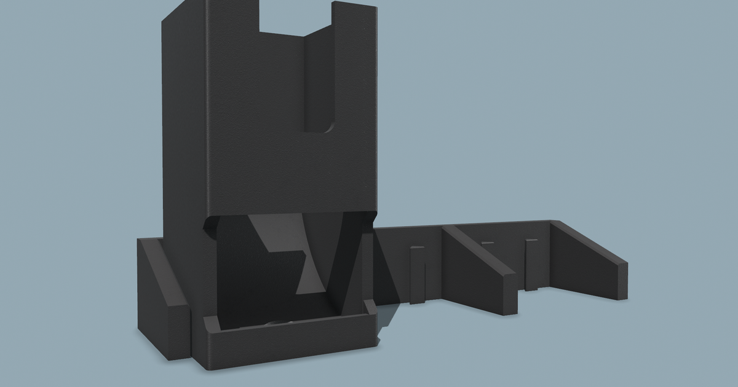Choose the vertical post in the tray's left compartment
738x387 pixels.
(417, 273)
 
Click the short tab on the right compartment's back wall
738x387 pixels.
(488, 243)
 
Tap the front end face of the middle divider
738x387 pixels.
(508, 295)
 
